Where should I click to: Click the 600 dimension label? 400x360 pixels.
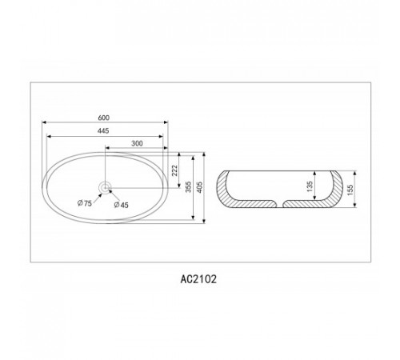pyautogui.click(x=104, y=118)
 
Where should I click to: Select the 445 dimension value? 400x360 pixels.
pyautogui.click(x=103, y=131)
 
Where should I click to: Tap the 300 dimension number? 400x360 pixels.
pyautogui.click(x=137, y=143)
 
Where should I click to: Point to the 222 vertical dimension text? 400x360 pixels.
pyautogui.click(x=174, y=170)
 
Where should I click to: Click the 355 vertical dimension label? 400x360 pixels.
pyautogui.click(x=189, y=187)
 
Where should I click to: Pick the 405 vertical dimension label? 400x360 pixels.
pyautogui.click(x=199, y=187)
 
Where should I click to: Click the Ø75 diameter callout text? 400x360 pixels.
pyautogui.click(x=85, y=203)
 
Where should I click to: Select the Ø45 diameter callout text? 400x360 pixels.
pyautogui.click(x=121, y=205)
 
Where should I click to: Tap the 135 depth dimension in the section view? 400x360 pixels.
pyautogui.click(x=310, y=186)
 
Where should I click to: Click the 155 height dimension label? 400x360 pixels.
pyautogui.click(x=350, y=190)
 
